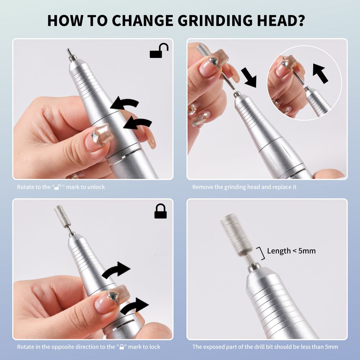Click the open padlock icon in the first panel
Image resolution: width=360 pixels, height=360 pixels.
click(x=159, y=50)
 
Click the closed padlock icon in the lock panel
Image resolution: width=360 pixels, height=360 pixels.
click(x=161, y=211)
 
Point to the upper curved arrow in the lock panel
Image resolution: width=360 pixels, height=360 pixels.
click(x=116, y=270)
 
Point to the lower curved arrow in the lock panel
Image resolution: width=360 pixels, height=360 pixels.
click(x=134, y=306)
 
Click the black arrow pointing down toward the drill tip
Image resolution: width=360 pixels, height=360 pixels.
click(x=249, y=78)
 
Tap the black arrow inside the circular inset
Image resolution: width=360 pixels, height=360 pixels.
click(x=320, y=73)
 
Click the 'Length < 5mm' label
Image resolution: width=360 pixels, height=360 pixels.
click(x=291, y=251)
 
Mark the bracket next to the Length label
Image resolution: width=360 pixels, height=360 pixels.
click(x=261, y=253)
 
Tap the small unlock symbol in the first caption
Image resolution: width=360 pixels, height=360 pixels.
click(x=58, y=187)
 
